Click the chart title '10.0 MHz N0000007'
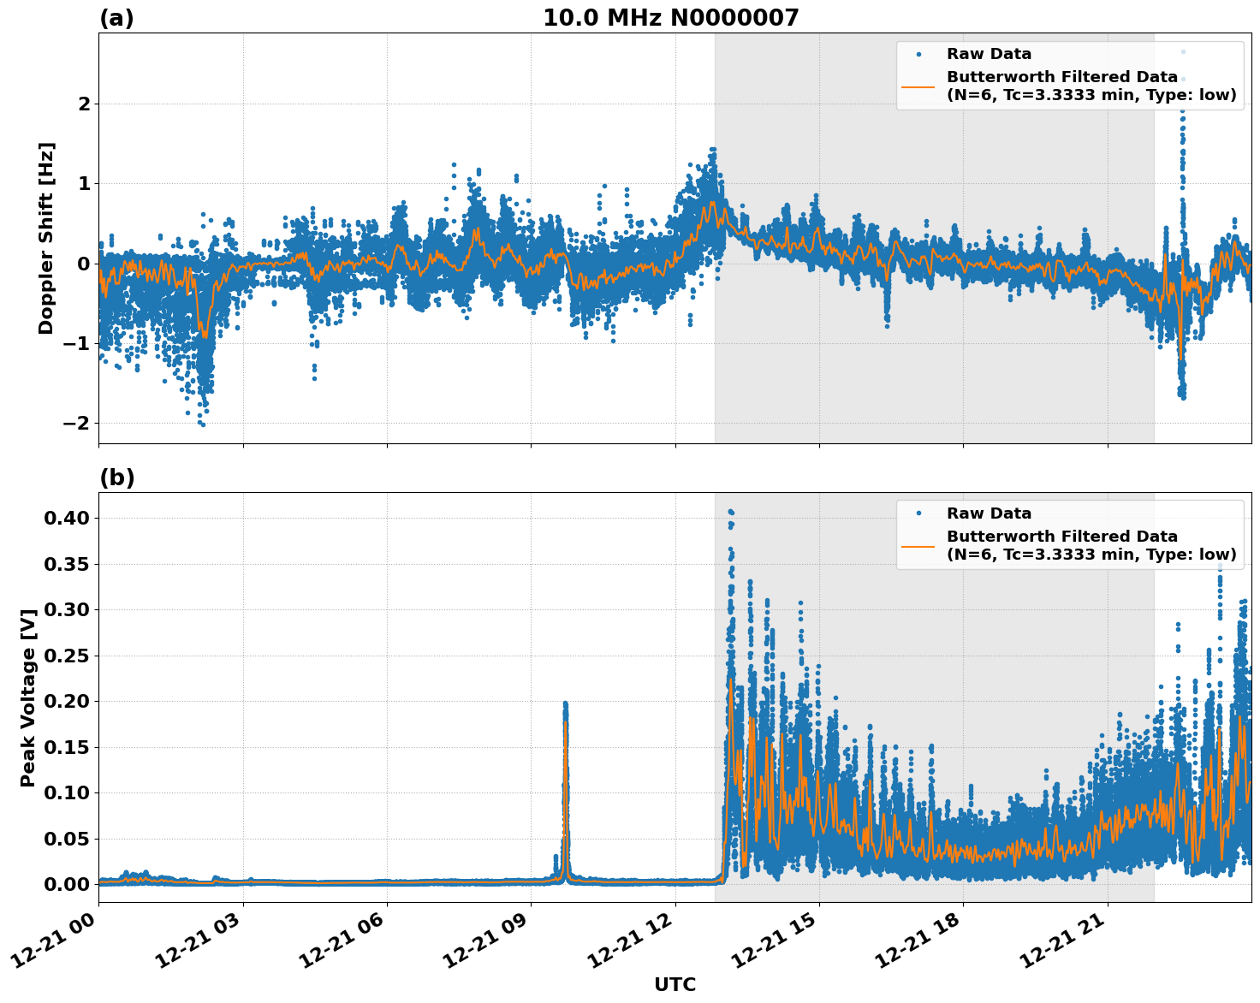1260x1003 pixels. coord(670,18)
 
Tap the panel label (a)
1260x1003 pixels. coord(116,18)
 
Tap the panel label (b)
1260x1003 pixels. coord(116,478)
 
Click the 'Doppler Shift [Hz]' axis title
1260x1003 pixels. coord(46,238)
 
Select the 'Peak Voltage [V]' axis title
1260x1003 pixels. coord(28,697)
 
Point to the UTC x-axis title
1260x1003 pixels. coord(675,984)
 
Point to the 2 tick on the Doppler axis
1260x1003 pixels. coord(84,104)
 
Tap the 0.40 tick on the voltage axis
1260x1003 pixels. coord(68,518)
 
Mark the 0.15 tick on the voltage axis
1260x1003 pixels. coord(68,747)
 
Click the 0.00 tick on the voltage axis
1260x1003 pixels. coord(68,884)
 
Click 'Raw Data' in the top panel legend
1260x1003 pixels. coord(989,54)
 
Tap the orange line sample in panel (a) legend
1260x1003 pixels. coord(918,86)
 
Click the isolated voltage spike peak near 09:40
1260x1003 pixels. coord(565,703)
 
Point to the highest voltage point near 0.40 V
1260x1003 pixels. coord(730,512)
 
